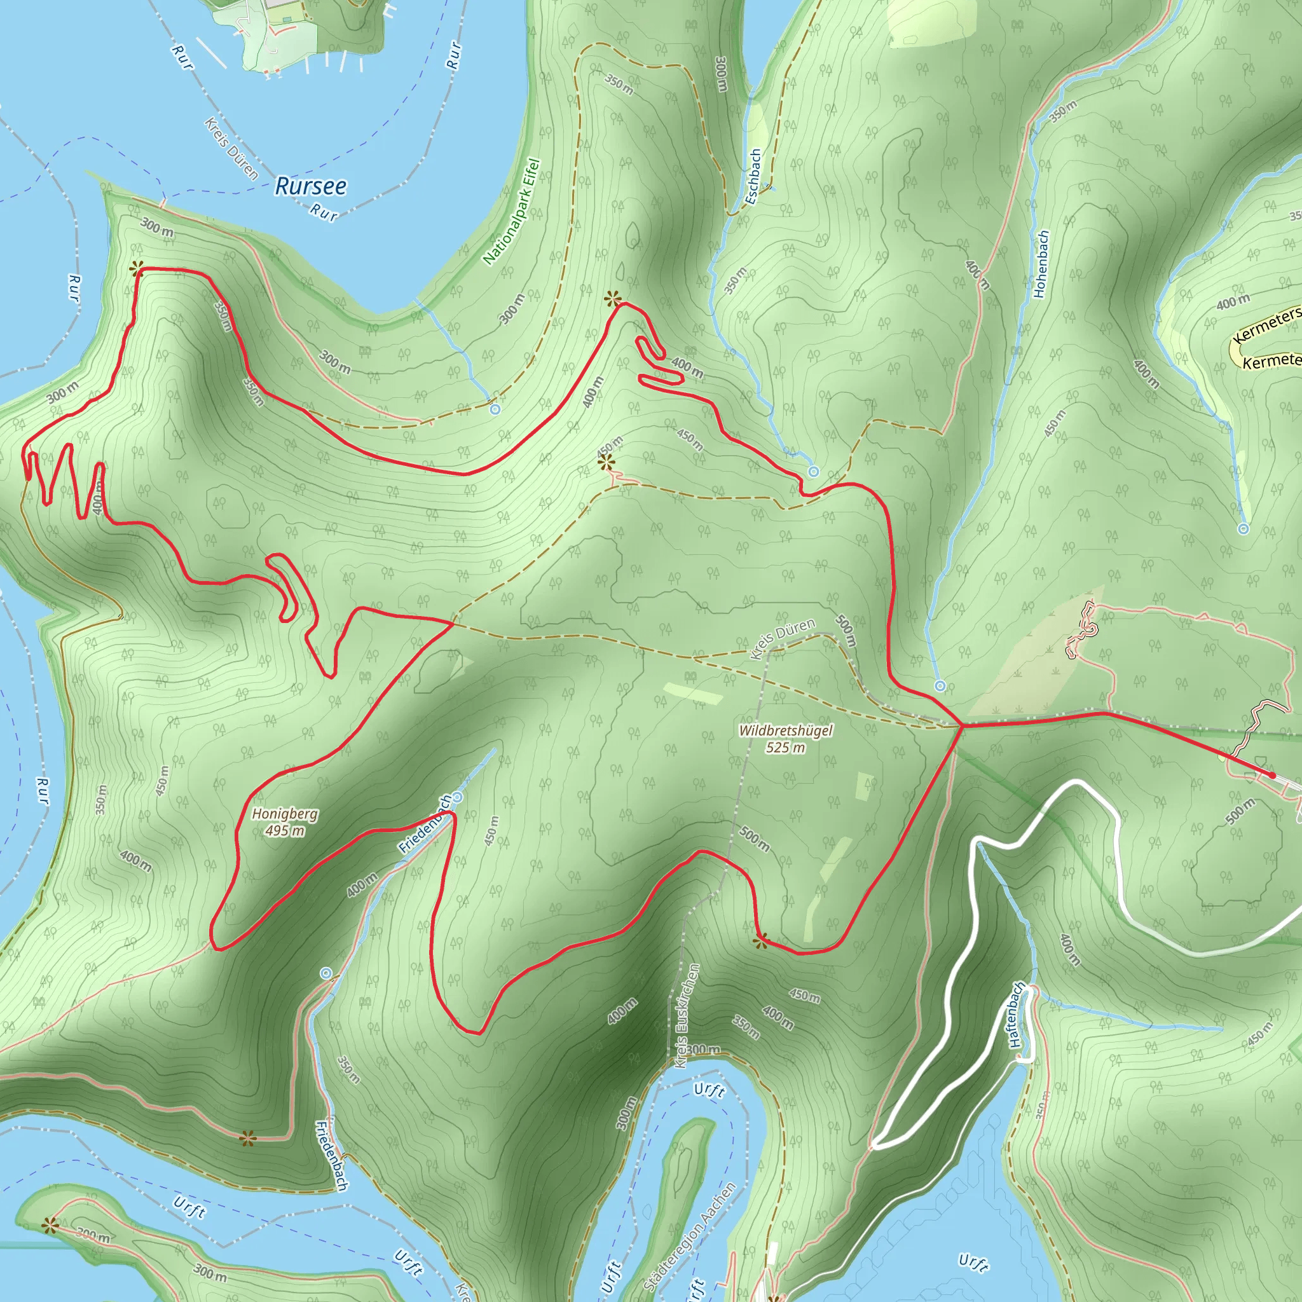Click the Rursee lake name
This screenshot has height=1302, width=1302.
tap(311, 186)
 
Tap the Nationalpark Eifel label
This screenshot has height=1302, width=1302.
tap(512, 211)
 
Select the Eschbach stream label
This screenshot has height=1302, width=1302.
tap(753, 177)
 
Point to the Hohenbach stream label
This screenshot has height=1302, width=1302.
tap(1041, 264)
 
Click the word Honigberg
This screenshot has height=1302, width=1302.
tap(285, 814)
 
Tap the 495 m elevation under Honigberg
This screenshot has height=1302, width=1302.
tap(284, 830)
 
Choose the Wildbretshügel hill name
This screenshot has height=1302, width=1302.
tap(786, 730)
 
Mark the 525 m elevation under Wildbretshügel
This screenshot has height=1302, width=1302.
tap(786, 747)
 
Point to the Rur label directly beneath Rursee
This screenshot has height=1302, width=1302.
tap(324, 213)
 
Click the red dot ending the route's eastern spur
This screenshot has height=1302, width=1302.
tap(1271, 776)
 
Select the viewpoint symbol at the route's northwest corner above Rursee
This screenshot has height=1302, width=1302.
tap(137, 269)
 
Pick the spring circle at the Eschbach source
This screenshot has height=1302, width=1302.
tap(813, 472)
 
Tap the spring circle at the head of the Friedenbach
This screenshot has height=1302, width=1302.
tap(457, 798)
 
